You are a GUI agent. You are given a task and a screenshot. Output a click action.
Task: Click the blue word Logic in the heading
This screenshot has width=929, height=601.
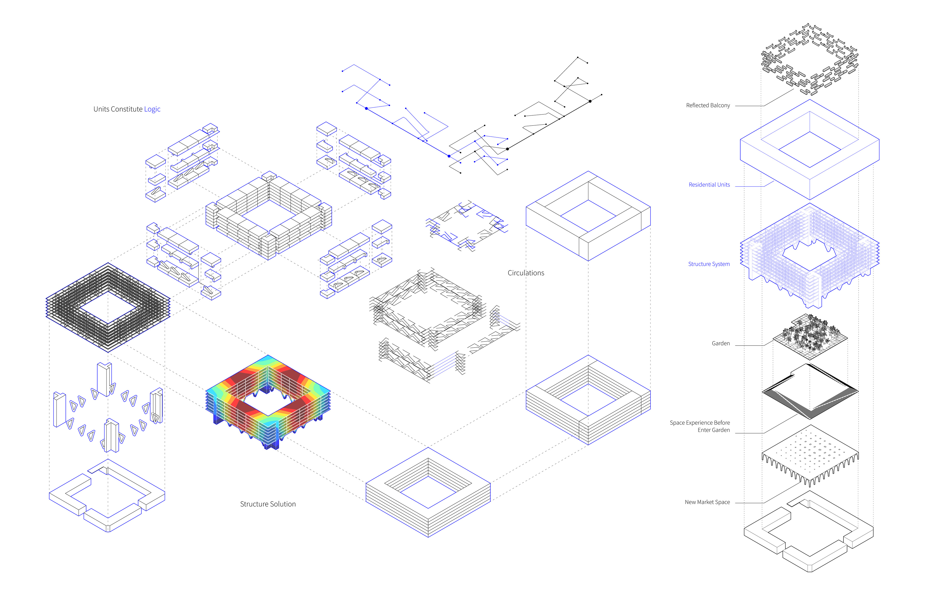[x=152, y=110]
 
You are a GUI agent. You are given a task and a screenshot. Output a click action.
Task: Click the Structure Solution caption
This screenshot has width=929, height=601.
[x=268, y=504]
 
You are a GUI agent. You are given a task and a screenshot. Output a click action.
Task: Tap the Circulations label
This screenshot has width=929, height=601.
[x=526, y=273]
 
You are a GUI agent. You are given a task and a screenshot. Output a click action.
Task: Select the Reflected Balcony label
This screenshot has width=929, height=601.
[x=708, y=105]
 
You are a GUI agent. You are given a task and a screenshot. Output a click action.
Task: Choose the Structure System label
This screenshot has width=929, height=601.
[x=709, y=264]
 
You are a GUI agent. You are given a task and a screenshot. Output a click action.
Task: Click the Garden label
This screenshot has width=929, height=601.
[x=720, y=343]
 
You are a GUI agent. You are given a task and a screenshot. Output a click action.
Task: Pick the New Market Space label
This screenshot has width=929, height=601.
[x=707, y=502]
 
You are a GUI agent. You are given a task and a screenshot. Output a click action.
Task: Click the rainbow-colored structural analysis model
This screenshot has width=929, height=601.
[x=268, y=402]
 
